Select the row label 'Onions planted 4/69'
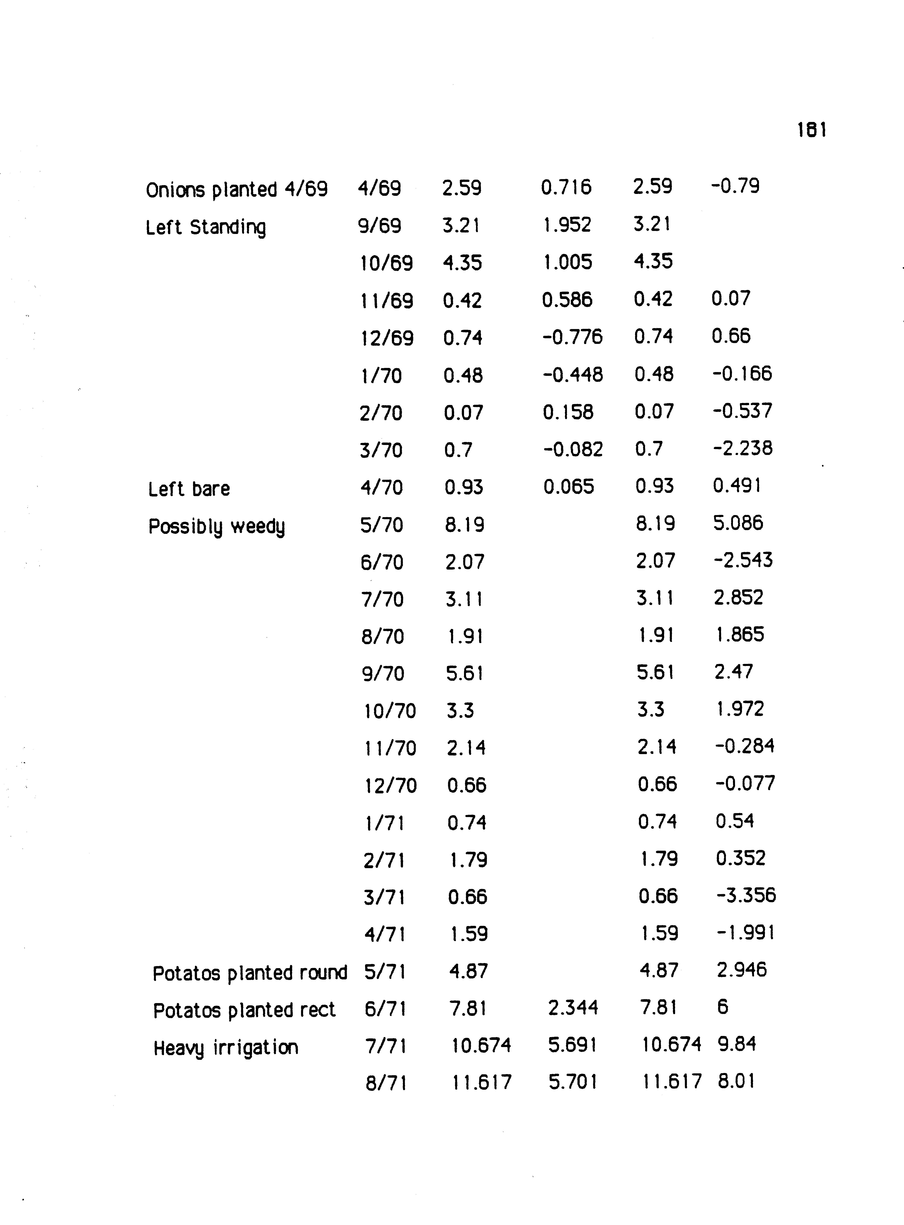coord(236,189)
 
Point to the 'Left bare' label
coord(189,488)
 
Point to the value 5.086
coord(738,523)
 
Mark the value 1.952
coord(567,225)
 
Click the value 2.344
coord(573,1008)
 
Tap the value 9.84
coord(736,1044)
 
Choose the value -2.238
coord(742,449)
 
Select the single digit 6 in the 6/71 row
coord(722,1007)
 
